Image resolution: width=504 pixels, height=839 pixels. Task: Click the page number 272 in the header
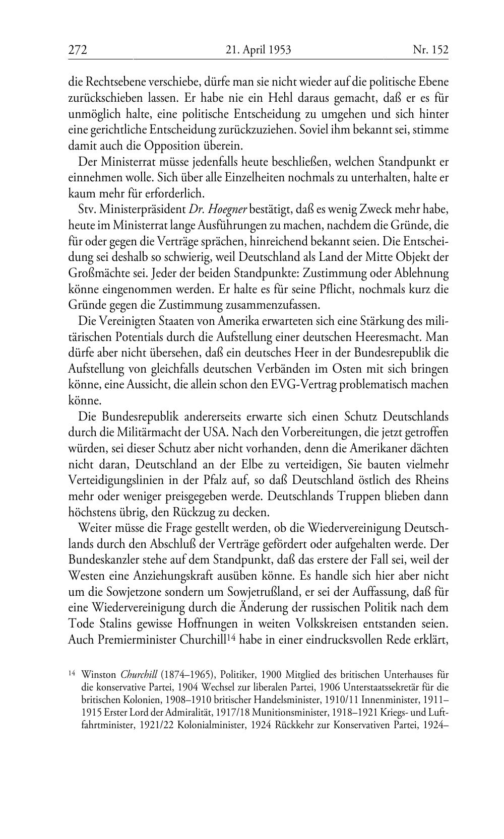[78, 50]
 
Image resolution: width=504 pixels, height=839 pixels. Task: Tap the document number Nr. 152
[430, 50]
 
